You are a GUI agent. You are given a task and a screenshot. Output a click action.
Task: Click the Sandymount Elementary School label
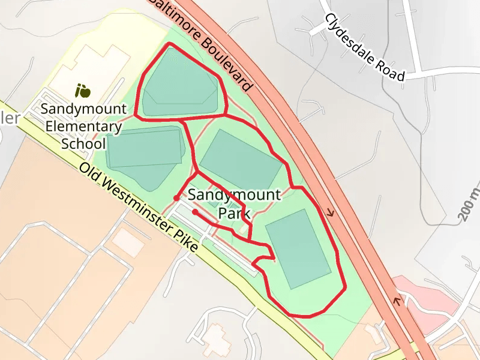[83, 127]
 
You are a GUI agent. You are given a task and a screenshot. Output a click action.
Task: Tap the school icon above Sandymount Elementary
[83, 91]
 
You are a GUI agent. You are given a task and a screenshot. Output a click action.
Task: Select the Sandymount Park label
[234, 204]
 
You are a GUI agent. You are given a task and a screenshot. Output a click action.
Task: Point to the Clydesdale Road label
[365, 47]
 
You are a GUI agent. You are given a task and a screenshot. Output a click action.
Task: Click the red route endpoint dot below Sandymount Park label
[195, 212]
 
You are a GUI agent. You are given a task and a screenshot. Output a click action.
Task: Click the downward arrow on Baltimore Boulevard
[329, 212]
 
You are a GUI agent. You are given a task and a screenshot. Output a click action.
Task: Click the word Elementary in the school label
[83, 127]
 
